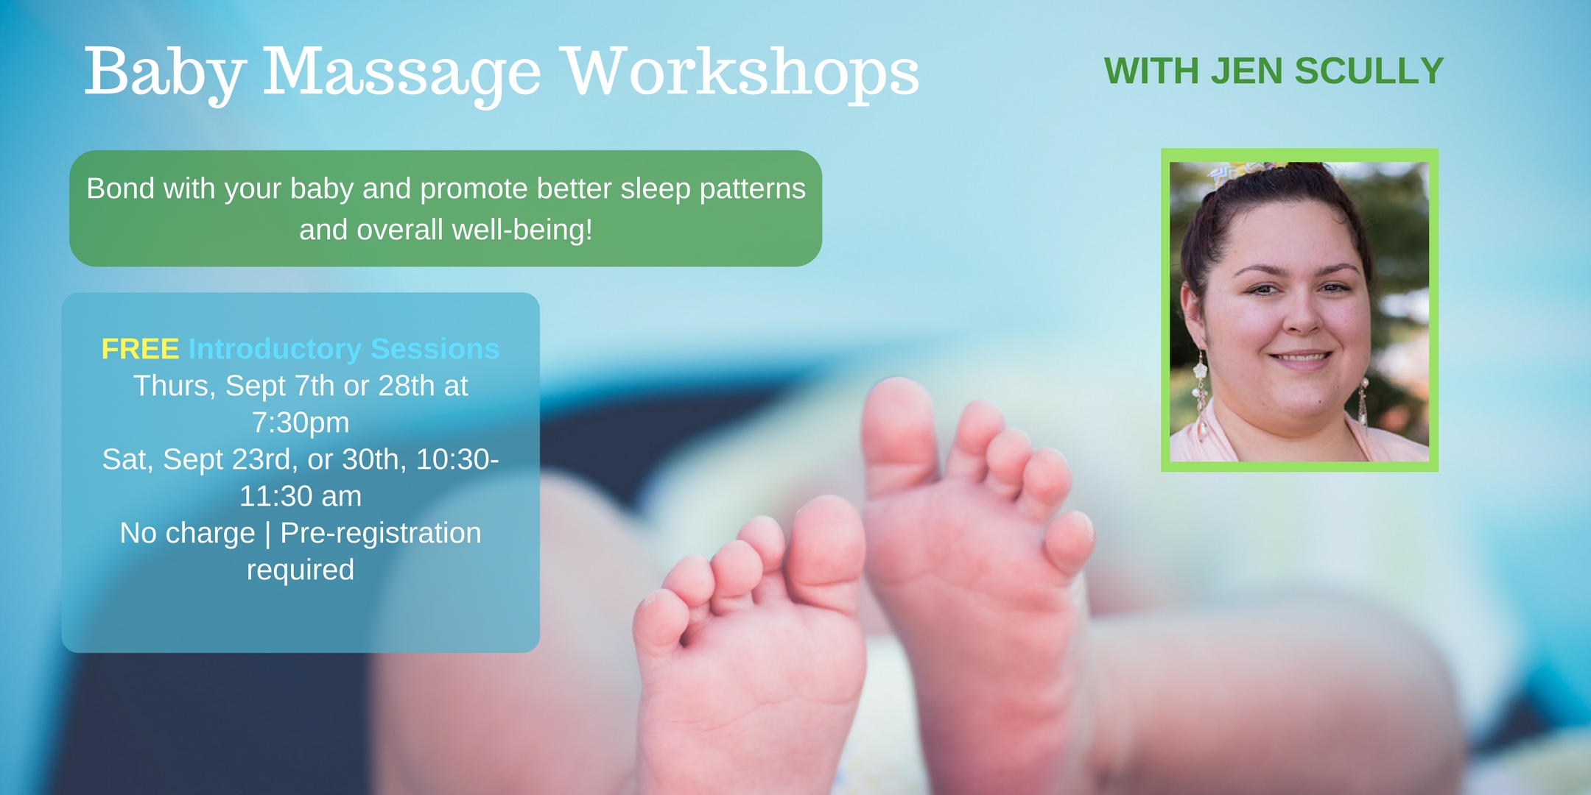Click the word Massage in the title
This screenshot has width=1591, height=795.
(402, 74)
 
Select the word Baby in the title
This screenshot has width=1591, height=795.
(165, 74)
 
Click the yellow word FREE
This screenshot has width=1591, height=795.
(140, 349)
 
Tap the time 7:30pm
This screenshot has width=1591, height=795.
(301, 423)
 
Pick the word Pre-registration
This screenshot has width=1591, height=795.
(381, 534)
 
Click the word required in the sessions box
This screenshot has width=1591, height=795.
(301, 570)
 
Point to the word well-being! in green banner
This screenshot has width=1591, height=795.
(522, 230)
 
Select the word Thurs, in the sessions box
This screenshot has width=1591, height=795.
(175, 386)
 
